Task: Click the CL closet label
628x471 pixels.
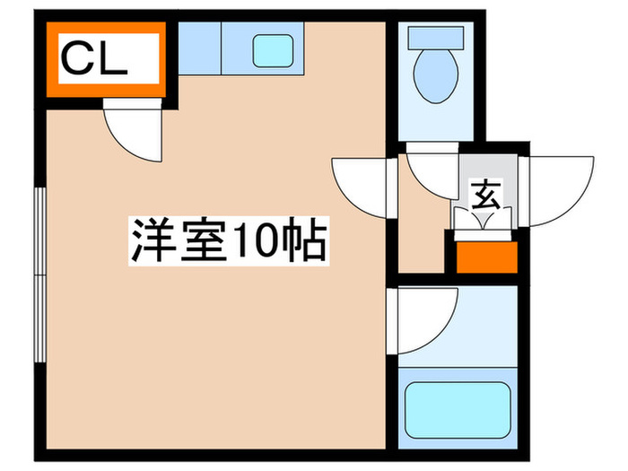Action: [95, 62]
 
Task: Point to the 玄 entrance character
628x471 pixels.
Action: [485, 194]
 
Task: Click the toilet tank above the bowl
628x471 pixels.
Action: [436, 38]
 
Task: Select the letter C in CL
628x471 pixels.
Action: [75, 62]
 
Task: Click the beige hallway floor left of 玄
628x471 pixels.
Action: [422, 233]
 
